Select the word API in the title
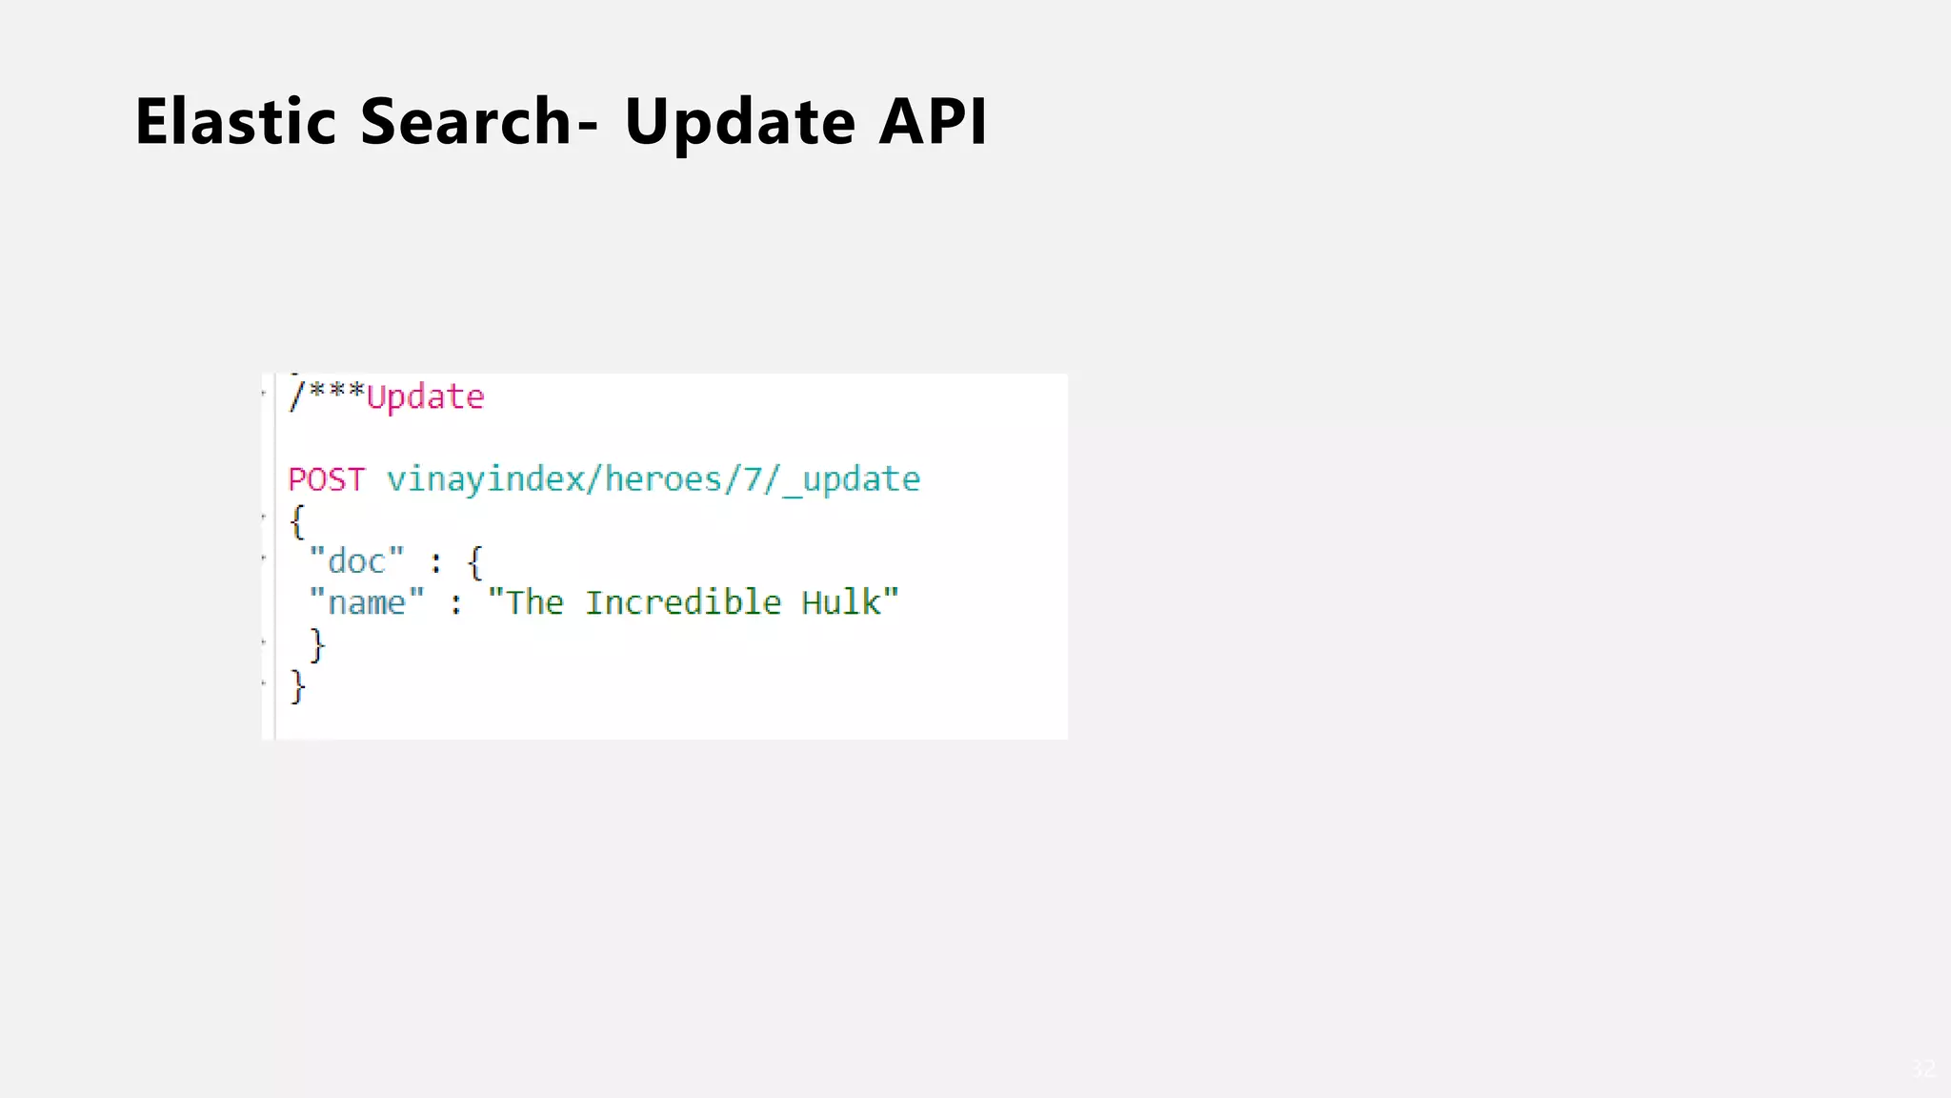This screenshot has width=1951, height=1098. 933,122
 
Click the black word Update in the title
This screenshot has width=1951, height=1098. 740,122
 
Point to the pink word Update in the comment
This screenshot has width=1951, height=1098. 426,397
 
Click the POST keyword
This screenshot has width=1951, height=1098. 327,479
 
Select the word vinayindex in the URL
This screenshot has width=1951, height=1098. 486,479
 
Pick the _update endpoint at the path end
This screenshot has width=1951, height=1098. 852,479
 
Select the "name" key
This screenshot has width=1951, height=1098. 367,603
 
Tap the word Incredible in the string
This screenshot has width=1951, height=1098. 683,603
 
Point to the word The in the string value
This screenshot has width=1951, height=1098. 534,603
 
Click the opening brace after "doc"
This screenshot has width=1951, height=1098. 475,562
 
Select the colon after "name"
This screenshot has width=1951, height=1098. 456,604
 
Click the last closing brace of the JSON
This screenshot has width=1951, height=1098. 298,686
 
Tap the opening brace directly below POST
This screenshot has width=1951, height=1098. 297,522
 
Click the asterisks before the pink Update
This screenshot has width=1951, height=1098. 336,392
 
